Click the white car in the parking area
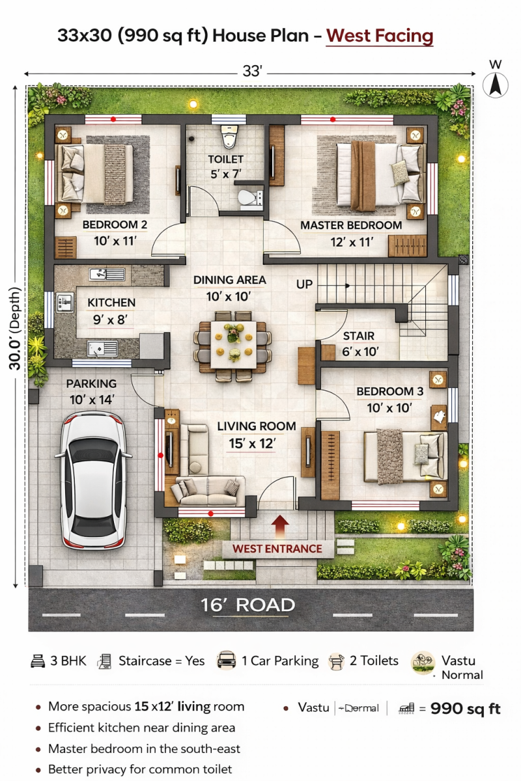[x=93, y=481]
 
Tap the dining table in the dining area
[x=233, y=344]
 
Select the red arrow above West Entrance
[x=280, y=526]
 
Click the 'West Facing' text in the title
[x=380, y=36]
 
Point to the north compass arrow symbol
[x=495, y=85]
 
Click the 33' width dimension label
[x=252, y=72]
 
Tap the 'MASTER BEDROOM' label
[x=351, y=225]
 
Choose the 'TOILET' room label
[x=226, y=159]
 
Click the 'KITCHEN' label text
[x=111, y=303]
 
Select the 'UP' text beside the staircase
[x=304, y=284]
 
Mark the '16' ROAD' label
[x=248, y=605]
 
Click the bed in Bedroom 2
[x=94, y=174]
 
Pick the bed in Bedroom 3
[x=406, y=457]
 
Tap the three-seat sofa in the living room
[x=208, y=491]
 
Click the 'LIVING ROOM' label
[x=257, y=426]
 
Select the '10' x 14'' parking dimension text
[x=92, y=400]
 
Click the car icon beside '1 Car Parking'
[x=226, y=660]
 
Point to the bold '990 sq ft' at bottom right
[x=466, y=709]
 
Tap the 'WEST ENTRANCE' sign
[x=277, y=549]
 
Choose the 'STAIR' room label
[x=358, y=336]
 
